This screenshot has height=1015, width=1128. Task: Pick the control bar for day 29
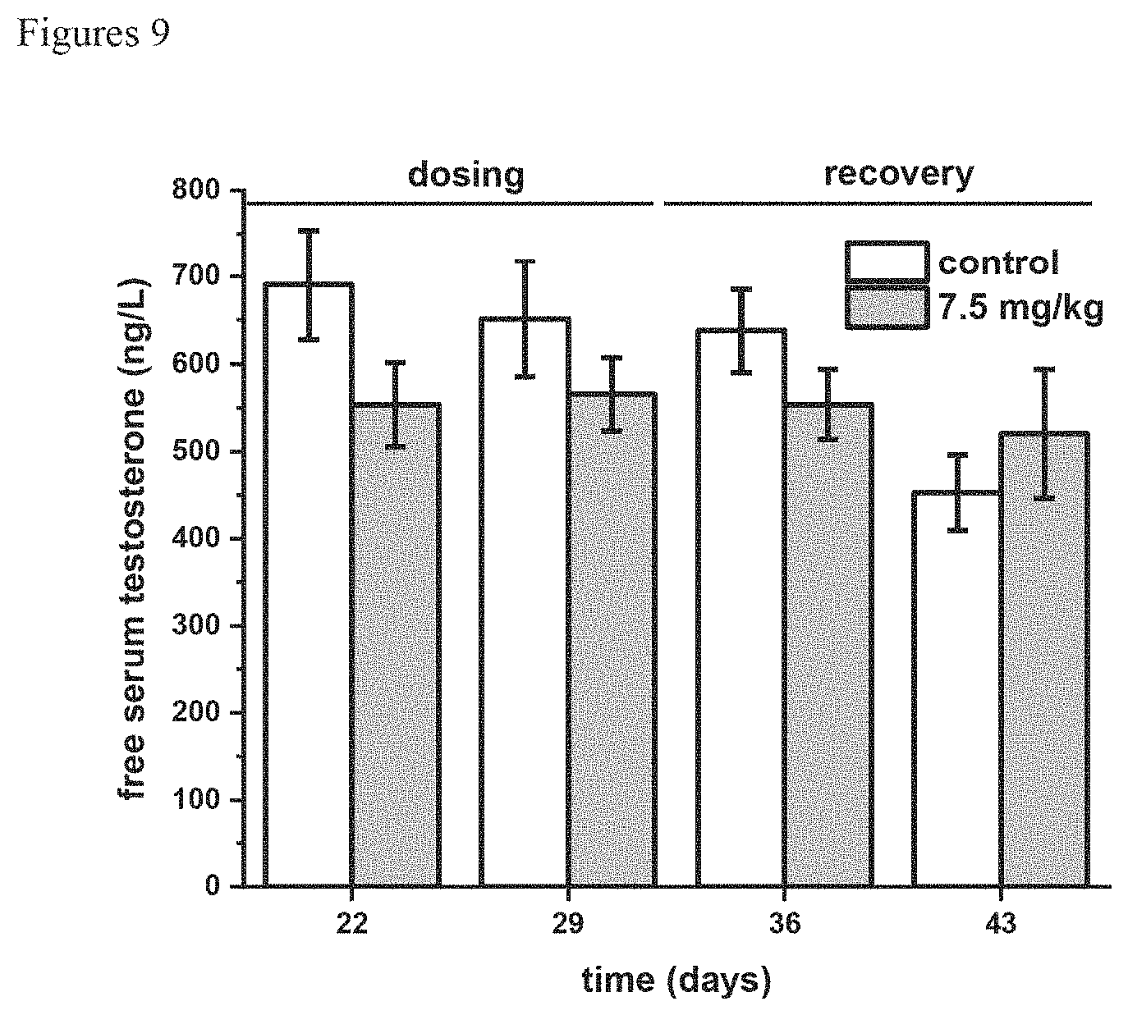[x=525, y=602]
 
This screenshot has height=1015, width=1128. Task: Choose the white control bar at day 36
[x=741, y=608]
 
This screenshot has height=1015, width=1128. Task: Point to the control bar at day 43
[x=957, y=689]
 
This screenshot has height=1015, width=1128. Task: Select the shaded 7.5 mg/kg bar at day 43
[x=1045, y=660]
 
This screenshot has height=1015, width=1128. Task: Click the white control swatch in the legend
[x=887, y=262]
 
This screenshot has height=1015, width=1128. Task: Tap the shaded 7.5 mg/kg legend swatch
[x=887, y=307]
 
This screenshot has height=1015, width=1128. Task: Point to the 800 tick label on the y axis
[x=195, y=190]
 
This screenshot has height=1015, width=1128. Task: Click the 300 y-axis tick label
[x=195, y=625]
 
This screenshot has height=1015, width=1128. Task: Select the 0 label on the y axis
[x=212, y=886]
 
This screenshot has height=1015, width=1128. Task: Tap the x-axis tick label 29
[x=568, y=924]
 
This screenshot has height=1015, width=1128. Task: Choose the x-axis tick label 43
[x=1001, y=924]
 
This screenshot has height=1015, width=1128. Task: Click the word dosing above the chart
[x=465, y=176]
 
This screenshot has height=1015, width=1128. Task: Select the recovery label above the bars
[x=899, y=176]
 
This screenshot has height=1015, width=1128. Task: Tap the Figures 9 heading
[x=94, y=34]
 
